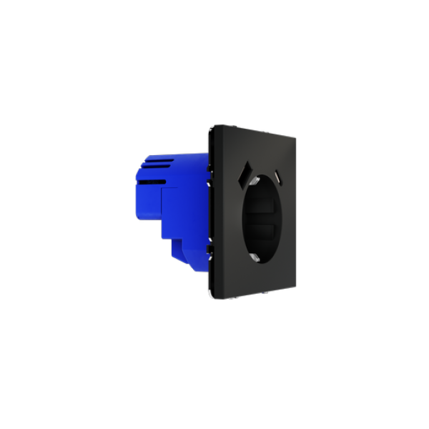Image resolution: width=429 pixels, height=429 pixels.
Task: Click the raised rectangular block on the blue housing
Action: (175, 212)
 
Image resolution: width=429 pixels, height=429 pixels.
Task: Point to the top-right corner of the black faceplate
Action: (296, 137)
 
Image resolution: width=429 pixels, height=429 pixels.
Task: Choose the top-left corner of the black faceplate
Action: (213, 127)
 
